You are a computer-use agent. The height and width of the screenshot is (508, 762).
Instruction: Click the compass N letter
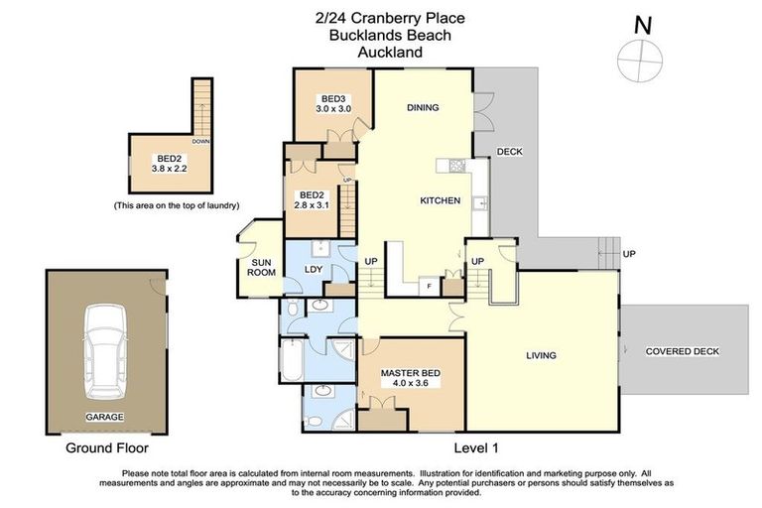642,25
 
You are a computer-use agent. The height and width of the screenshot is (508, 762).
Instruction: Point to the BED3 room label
333,97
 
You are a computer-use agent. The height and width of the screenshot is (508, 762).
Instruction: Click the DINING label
423,107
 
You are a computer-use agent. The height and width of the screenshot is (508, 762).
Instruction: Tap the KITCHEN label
440,200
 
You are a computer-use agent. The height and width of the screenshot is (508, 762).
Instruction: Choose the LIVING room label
541,355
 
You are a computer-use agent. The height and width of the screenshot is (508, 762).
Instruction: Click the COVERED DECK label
682,351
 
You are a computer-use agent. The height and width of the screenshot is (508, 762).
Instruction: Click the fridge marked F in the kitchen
428,287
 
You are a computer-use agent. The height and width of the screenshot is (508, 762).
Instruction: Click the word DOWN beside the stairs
201,142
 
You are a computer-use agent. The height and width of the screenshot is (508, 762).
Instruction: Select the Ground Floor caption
100,448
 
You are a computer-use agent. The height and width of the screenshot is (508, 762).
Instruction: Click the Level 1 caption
481,447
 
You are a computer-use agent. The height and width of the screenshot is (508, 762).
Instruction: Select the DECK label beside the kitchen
509,152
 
